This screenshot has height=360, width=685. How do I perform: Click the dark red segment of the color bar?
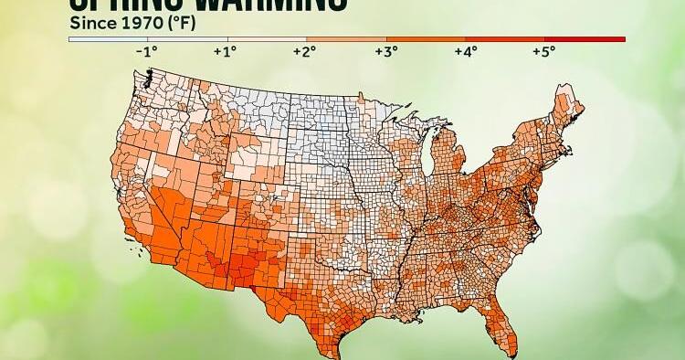585,39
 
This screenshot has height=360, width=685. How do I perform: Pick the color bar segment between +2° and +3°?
345,39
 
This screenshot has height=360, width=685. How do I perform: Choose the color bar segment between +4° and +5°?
504,39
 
